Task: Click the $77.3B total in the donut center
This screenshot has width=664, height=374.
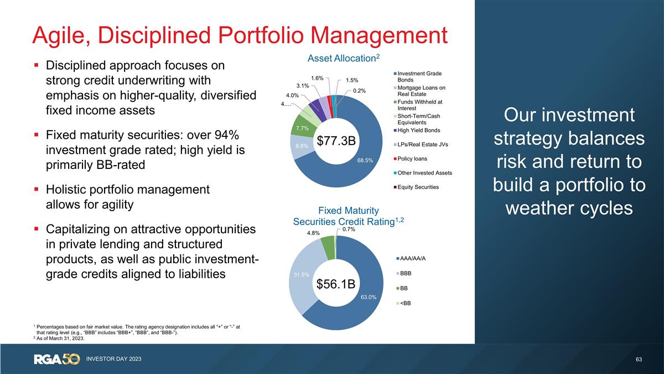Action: [x=335, y=141]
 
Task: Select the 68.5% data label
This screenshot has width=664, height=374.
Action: [x=365, y=160]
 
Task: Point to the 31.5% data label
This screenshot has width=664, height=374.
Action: [x=302, y=274]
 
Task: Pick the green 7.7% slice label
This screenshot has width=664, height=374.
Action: [x=302, y=129]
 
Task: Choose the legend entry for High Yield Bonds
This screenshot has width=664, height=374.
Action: [x=419, y=131]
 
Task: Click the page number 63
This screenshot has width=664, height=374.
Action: [x=639, y=360]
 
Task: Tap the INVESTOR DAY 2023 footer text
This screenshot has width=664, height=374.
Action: [x=114, y=360]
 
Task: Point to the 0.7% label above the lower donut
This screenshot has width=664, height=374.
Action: [x=349, y=229]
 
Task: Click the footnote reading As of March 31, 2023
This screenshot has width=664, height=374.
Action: [x=60, y=339]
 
